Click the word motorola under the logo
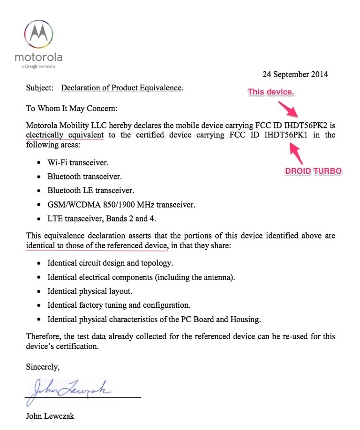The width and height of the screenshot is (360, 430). (38, 58)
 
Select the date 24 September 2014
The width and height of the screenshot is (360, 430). (295, 74)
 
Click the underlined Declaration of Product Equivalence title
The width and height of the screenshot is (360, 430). (121, 88)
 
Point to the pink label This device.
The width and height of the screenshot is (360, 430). (270, 92)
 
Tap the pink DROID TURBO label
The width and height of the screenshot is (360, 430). (313, 171)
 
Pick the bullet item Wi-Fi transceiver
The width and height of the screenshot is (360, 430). (77, 163)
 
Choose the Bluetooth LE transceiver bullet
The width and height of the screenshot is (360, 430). (90, 191)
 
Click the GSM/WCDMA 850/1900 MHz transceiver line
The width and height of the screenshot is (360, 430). (121, 205)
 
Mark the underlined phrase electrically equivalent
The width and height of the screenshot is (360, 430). (65, 135)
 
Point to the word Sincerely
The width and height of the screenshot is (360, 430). (43, 367)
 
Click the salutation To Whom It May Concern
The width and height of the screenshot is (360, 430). (71, 108)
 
